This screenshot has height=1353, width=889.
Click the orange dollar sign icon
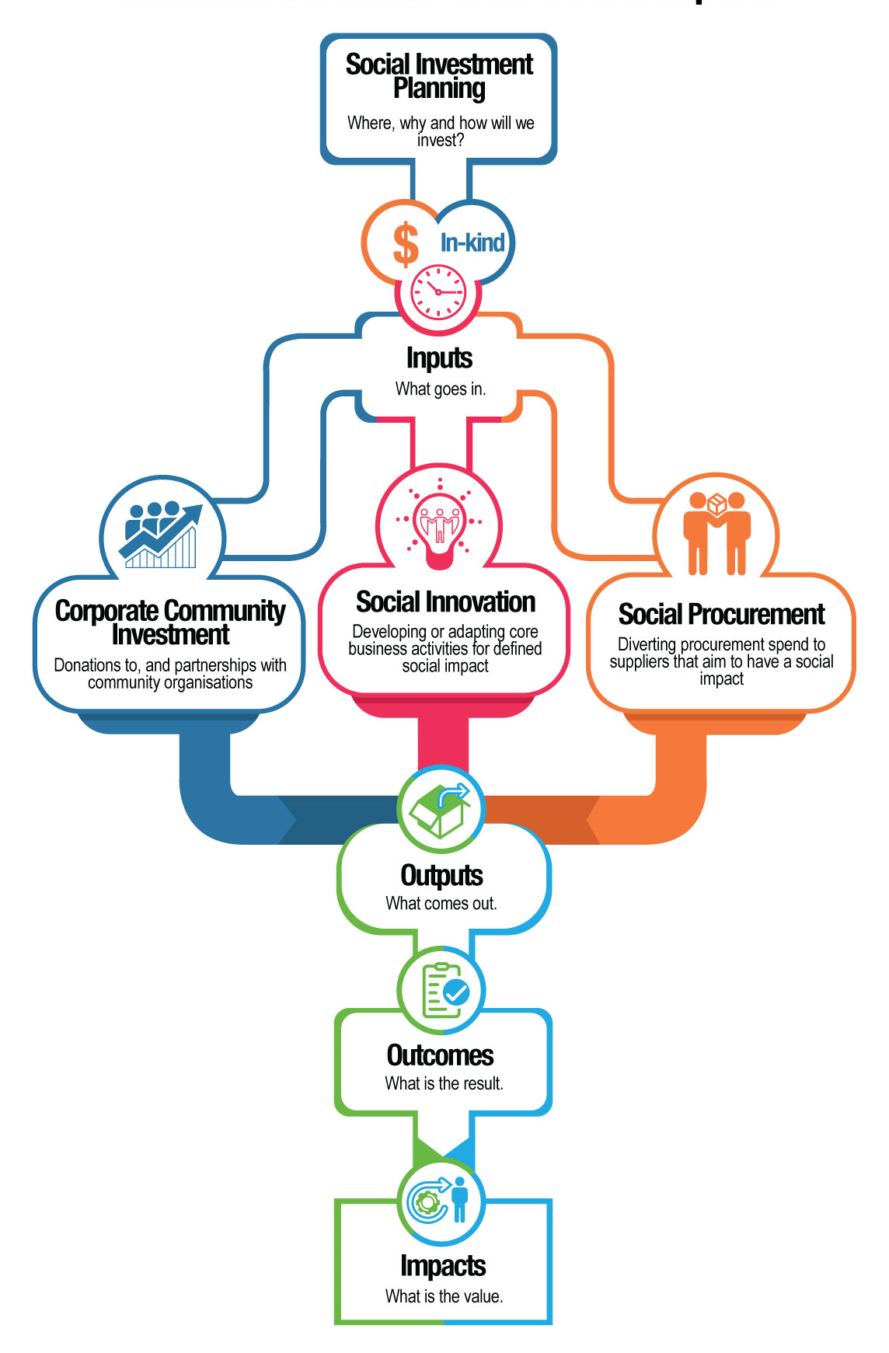tap(405, 243)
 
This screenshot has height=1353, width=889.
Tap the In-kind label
tap(472, 242)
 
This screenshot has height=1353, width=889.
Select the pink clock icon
tap(438, 292)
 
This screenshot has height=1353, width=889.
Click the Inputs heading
tap(439, 358)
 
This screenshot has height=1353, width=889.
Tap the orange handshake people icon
tap(716, 533)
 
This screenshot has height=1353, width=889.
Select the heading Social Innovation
tap(445, 602)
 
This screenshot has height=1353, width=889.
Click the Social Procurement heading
tap(721, 615)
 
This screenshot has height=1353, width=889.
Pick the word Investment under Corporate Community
tap(170, 635)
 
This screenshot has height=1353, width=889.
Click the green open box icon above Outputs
tap(441, 809)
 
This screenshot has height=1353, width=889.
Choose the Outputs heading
tap(441, 876)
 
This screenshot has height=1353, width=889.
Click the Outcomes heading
tap(441, 1055)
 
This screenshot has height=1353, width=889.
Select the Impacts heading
tap(443, 1266)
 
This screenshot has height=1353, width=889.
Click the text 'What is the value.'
tap(444, 1296)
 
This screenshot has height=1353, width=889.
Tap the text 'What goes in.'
tap(441, 389)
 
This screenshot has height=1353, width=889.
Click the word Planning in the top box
tap(439, 89)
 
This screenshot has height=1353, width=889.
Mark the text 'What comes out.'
tap(441, 904)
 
